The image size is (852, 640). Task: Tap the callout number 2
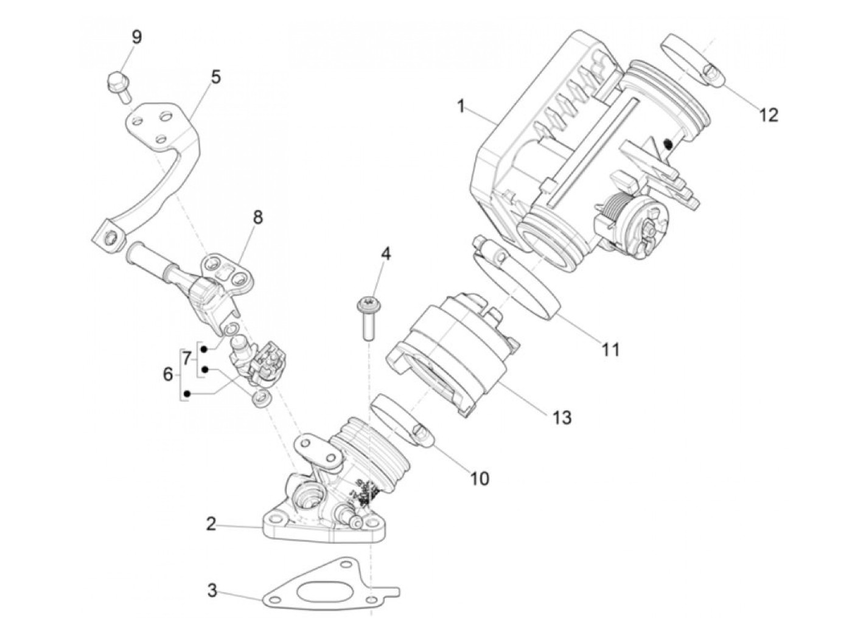click(x=211, y=524)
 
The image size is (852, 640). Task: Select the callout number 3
click(x=212, y=591)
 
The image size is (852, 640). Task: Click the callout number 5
click(x=215, y=77)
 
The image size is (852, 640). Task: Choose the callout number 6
click(x=168, y=375)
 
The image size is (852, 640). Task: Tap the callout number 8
click(x=257, y=217)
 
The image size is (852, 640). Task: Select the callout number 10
click(x=480, y=479)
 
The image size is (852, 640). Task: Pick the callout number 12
click(x=768, y=115)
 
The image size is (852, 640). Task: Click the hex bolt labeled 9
click(x=119, y=86)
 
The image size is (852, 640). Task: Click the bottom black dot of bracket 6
click(x=187, y=394)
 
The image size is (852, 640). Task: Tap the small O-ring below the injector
click(x=261, y=398)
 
